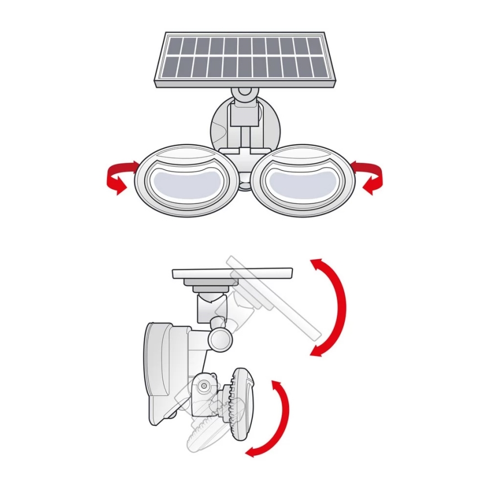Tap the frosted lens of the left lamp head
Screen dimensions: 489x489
tap(186, 184)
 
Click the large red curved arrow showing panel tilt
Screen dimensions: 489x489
tap(337, 307)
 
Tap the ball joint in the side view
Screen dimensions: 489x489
tap(219, 338)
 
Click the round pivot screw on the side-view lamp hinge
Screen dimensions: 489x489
tap(203, 386)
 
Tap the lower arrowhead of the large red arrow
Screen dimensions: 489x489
tap(317, 350)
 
